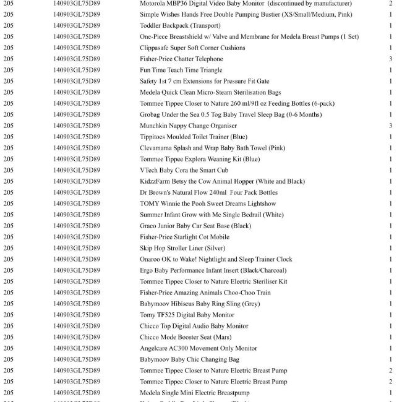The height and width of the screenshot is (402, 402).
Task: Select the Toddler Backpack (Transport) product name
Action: point(180,26)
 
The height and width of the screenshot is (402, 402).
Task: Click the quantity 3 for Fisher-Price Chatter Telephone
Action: point(391,59)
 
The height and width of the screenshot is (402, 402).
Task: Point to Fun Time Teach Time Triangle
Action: point(181,71)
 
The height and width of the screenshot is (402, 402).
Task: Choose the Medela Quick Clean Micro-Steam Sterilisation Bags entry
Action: point(210,93)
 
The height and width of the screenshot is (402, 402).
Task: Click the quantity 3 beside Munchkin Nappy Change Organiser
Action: point(391,126)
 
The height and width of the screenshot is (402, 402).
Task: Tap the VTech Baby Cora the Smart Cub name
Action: point(184,171)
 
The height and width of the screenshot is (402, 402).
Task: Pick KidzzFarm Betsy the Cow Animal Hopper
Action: point(222,182)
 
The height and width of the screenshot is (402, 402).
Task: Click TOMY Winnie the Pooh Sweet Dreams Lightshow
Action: point(199,204)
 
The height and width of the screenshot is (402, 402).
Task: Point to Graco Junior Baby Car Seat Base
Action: point(195,226)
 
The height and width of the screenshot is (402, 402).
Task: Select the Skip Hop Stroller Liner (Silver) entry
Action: point(182,249)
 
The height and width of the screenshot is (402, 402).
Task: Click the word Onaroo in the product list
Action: point(151,260)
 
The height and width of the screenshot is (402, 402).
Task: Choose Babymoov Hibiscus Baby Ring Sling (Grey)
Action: point(200,304)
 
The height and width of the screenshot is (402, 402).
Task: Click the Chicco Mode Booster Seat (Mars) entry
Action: point(186,338)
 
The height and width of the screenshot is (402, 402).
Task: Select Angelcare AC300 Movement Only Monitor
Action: point(199,349)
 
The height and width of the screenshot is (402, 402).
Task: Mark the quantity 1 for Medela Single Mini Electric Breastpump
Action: point(391,393)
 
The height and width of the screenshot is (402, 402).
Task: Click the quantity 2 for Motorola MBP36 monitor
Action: point(391,4)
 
